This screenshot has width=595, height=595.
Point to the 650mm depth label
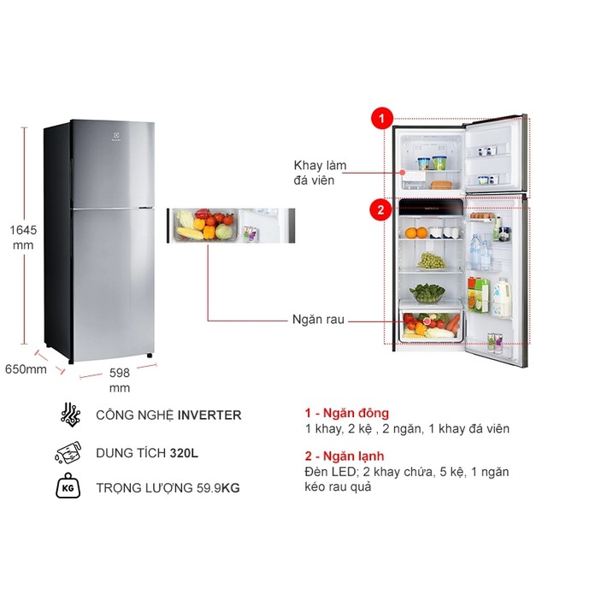pyautogui.click(x=25, y=369)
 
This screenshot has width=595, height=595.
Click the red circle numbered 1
pyautogui.click(x=380, y=119)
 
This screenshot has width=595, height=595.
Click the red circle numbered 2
pyautogui.click(x=380, y=208)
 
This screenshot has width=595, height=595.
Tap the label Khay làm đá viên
pyautogui.click(x=314, y=172)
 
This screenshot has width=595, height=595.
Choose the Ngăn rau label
pyautogui.click(x=315, y=320)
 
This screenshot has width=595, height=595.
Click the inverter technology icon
pyautogui.click(x=70, y=415)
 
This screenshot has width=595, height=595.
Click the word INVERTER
pyautogui.click(x=209, y=415)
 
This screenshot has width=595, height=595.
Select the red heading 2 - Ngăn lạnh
pyautogui.click(x=344, y=456)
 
